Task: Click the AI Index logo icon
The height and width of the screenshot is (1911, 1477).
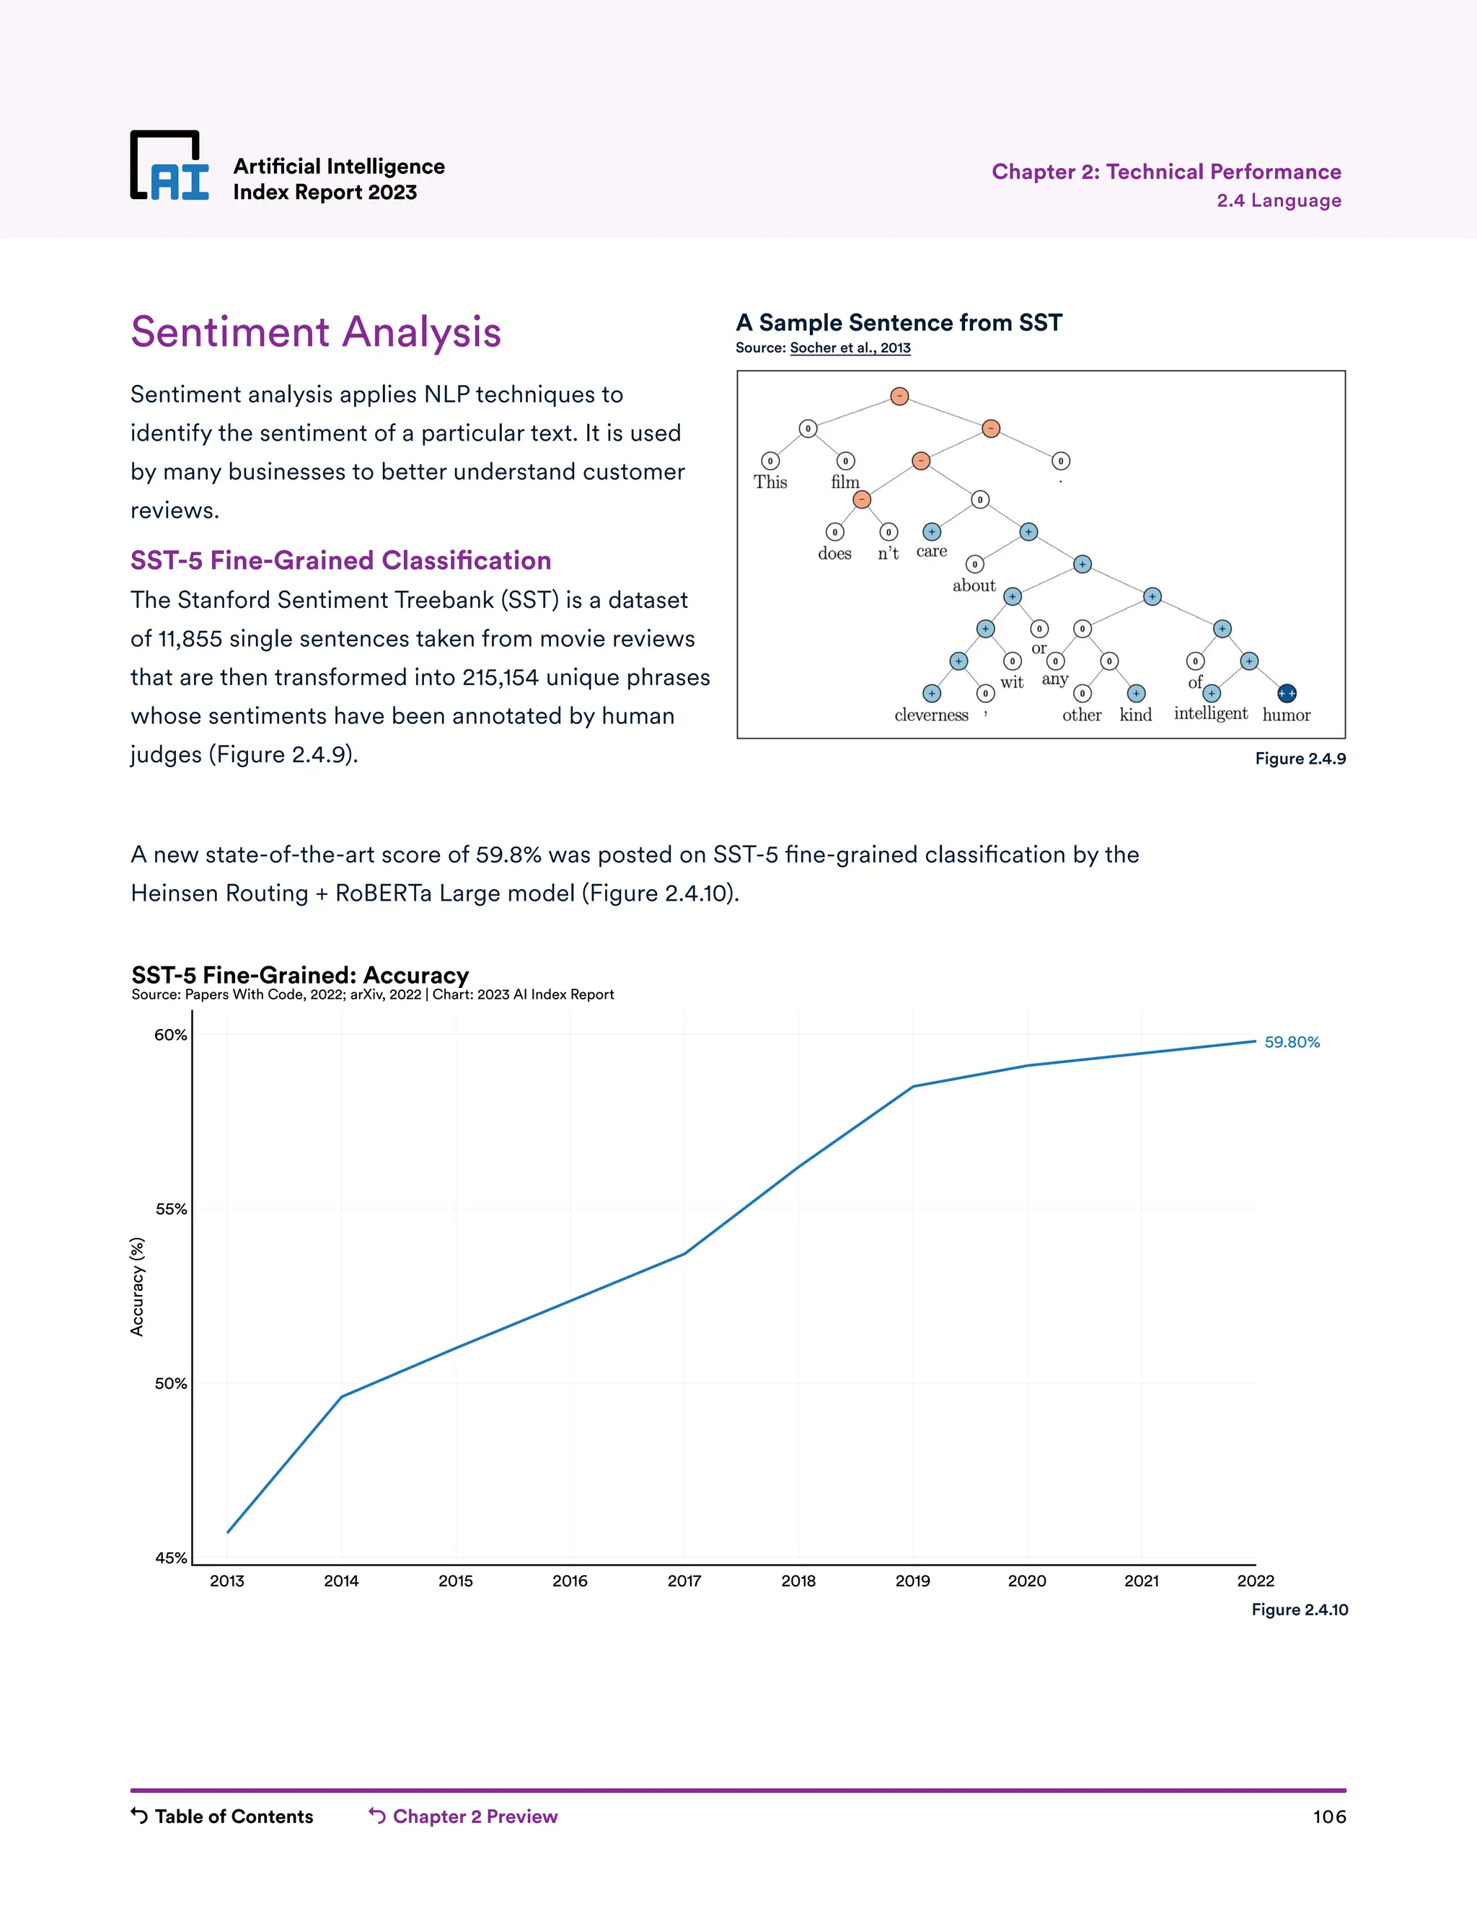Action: click(x=169, y=167)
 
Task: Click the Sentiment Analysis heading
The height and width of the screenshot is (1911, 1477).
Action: click(x=315, y=332)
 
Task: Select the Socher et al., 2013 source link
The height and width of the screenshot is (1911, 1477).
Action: click(x=850, y=348)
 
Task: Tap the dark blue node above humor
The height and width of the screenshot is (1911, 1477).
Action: click(x=1287, y=693)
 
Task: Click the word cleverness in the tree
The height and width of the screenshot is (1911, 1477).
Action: click(x=931, y=715)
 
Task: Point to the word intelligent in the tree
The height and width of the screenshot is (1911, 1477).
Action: click(x=1210, y=714)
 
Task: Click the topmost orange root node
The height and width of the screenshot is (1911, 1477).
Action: click(x=899, y=397)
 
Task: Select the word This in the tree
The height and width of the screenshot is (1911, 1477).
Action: click(x=770, y=482)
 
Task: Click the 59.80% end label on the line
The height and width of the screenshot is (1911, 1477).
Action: click(x=1292, y=1042)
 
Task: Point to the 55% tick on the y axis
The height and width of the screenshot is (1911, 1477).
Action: click(x=171, y=1209)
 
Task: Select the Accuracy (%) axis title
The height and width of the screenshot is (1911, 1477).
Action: click(x=136, y=1286)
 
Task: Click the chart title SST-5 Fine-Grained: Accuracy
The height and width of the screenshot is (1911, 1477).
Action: click(x=300, y=975)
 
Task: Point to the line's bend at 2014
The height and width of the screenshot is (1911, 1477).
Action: click(x=341, y=1397)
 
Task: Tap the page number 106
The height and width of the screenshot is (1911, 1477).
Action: click(x=1328, y=1817)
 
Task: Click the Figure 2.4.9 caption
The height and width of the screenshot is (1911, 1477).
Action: click(x=1300, y=759)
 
